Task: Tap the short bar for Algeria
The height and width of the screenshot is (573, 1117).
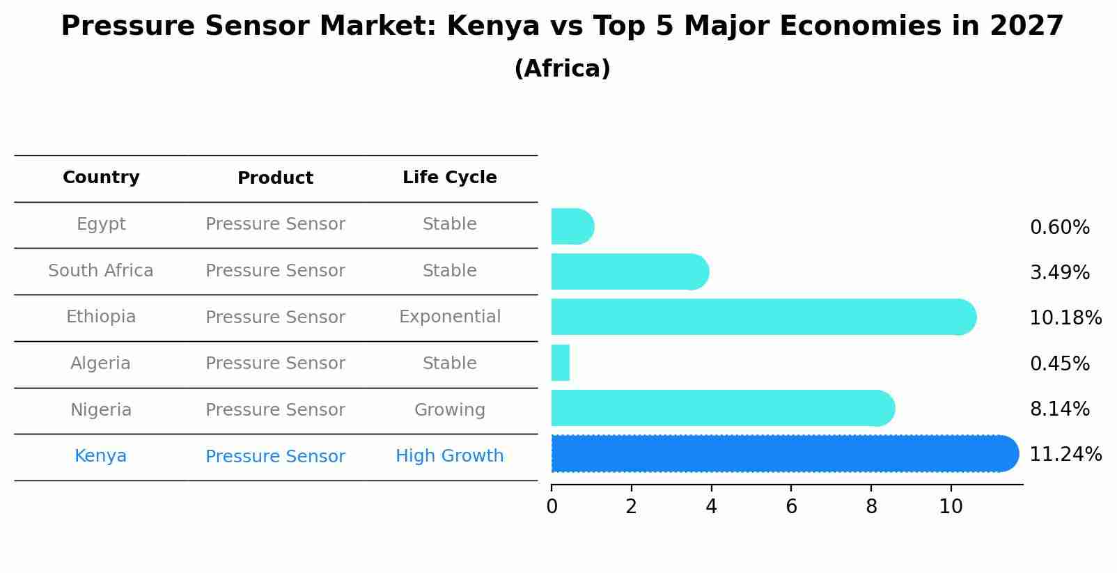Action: click(561, 363)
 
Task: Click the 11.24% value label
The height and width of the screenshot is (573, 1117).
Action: click(1065, 455)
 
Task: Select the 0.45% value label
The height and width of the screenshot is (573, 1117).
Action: click(1059, 363)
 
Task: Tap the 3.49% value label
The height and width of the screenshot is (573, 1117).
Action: click(1059, 273)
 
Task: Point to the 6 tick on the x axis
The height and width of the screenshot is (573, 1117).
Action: click(791, 506)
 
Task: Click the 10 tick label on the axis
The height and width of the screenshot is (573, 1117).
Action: click(951, 506)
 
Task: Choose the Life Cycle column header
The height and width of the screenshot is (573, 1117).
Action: click(449, 178)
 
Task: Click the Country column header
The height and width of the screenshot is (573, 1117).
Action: click(101, 178)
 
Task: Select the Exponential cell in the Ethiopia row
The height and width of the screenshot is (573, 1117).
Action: click(449, 317)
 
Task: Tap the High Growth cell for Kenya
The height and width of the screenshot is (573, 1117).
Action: click(449, 456)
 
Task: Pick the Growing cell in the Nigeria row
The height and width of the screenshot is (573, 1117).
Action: click(449, 410)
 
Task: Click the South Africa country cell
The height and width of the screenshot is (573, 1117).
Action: click(101, 271)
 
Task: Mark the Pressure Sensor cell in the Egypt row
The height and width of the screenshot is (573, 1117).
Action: click(275, 224)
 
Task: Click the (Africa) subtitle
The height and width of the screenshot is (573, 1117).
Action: click(562, 69)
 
